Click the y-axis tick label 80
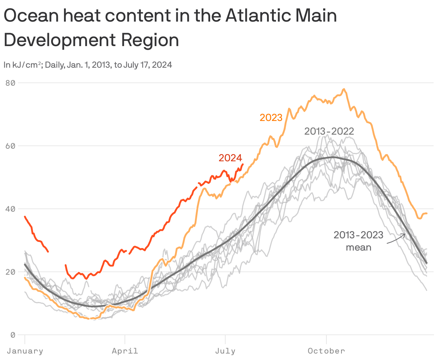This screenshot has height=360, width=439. pyautogui.click(x=10, y=83)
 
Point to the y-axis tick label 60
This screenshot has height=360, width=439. pyautogui.click(x=10, y=146)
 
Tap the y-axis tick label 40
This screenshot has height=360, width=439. pyautogui.click(x=10, y=209)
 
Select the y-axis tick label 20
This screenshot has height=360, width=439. pyautogui.click(x=10, y=272)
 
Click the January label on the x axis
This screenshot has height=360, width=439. pyautogui.click(x=25, y=351)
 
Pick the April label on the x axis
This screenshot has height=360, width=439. pyautogui.click(x=125, y=351)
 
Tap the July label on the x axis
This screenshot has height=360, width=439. pyautogui.click(x=225, y=351)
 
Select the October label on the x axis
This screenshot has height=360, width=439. pyautogui.click(x=326, y=351)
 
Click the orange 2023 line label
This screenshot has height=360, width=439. pyautogui.click(x=271, y=118)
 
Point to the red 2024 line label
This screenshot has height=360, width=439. pyautogui.click(x=230, y=158)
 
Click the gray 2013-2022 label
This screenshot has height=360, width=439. pyautogui.click(x=329, y=131)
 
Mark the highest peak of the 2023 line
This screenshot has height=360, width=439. pyautogui.click(x=344, y=89)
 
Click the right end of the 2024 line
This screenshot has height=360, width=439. pyautogui.click(x=243, y=164)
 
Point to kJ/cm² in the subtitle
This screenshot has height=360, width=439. pyautogui.click(x=27, y=65)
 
